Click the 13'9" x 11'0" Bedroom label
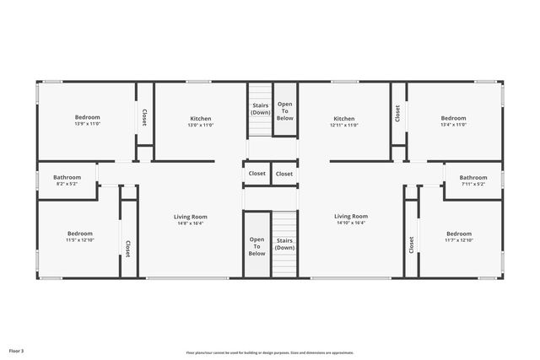click(87, 120)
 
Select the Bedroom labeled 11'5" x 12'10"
click(80, 237)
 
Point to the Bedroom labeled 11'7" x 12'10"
click(458, 237)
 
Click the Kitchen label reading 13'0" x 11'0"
click(200, 121)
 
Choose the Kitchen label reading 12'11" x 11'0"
click(343, 121)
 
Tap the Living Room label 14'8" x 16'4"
click(191, 220)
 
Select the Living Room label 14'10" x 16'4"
click(350, 220)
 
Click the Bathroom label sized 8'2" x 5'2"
click(67, 180)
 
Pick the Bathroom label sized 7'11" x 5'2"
click(472, 180)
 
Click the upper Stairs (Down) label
click(261, 109)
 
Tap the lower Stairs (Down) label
click(285, 244)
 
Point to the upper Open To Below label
click(285, 109)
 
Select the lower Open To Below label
click(256, 245)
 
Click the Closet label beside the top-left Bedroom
click(144, 117)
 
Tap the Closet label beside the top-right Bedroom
click(397, 113)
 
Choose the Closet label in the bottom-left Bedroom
click(127, 249)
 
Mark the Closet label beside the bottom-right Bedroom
click(411, 244)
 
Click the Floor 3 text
click(17, 350)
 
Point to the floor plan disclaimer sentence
click(269, 352)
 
